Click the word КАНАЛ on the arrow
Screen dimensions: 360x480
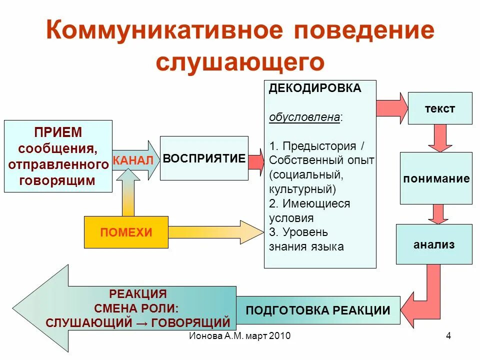click(133, 160)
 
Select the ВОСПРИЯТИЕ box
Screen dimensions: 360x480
click(204, 158)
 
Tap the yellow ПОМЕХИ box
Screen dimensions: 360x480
click(126, 232)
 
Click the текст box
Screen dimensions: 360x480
click(440, 108)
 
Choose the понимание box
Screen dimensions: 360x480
click(436, 178)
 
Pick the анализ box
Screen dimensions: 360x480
click(434, 244)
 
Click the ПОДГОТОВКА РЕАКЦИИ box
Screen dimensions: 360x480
click(318, 310)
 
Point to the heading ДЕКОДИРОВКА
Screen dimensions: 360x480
click(315, 88)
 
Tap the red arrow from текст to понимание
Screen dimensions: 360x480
click(440, 138)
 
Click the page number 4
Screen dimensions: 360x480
click(448, 335)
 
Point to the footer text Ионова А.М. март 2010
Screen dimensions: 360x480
click(239, 335)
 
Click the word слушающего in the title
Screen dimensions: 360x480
click(240, 61)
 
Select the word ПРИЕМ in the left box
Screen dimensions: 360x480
click(58, 133)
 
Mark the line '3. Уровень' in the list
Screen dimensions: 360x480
click(298, 232)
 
